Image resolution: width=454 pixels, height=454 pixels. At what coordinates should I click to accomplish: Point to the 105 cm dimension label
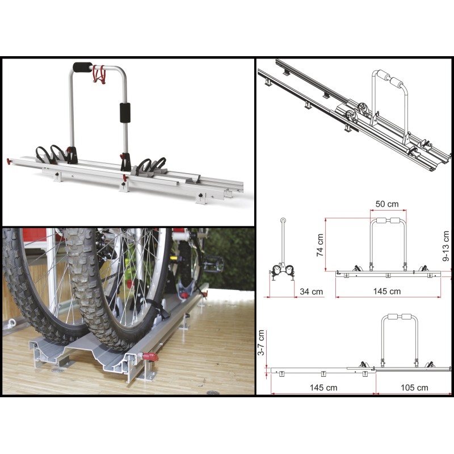(x=414, y=388)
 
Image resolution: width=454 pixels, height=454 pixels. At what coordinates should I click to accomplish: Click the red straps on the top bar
(x=99, y=74)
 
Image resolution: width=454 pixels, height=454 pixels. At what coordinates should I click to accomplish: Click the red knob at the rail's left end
(x=10, y=161)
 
